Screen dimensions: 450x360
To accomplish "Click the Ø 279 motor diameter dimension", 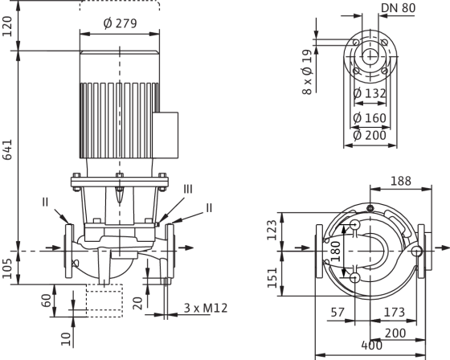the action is [120, 23].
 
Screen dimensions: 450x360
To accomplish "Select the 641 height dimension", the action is [7, 149].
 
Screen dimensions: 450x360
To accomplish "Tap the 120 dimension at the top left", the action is [7, 27].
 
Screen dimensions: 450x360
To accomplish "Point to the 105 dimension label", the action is [7, 268].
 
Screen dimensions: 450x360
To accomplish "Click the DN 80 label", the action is [398, 8].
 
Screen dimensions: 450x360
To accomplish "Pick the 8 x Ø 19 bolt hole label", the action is [307, 72].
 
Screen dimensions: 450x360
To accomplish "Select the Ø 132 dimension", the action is [370, 93].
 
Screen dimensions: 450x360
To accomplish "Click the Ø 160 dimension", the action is [370, 118].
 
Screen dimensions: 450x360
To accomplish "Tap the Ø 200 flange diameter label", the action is [370, 135].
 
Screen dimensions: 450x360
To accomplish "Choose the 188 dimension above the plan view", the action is [401, 181].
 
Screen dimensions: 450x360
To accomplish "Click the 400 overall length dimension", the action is [371, 346].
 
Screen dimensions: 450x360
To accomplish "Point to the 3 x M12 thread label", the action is [206, 308].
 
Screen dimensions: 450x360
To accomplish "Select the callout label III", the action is [188, 189].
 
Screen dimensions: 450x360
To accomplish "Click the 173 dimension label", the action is [395, 312].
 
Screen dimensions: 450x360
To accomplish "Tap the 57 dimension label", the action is [337, 312].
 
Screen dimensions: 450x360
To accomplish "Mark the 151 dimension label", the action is [272, 277].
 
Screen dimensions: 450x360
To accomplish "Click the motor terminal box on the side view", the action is [166, 135].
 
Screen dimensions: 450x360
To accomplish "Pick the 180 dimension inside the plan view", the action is [335, 252].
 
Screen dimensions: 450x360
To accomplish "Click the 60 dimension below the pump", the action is [47, 301].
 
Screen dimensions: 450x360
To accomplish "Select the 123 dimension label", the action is [272, 230].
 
